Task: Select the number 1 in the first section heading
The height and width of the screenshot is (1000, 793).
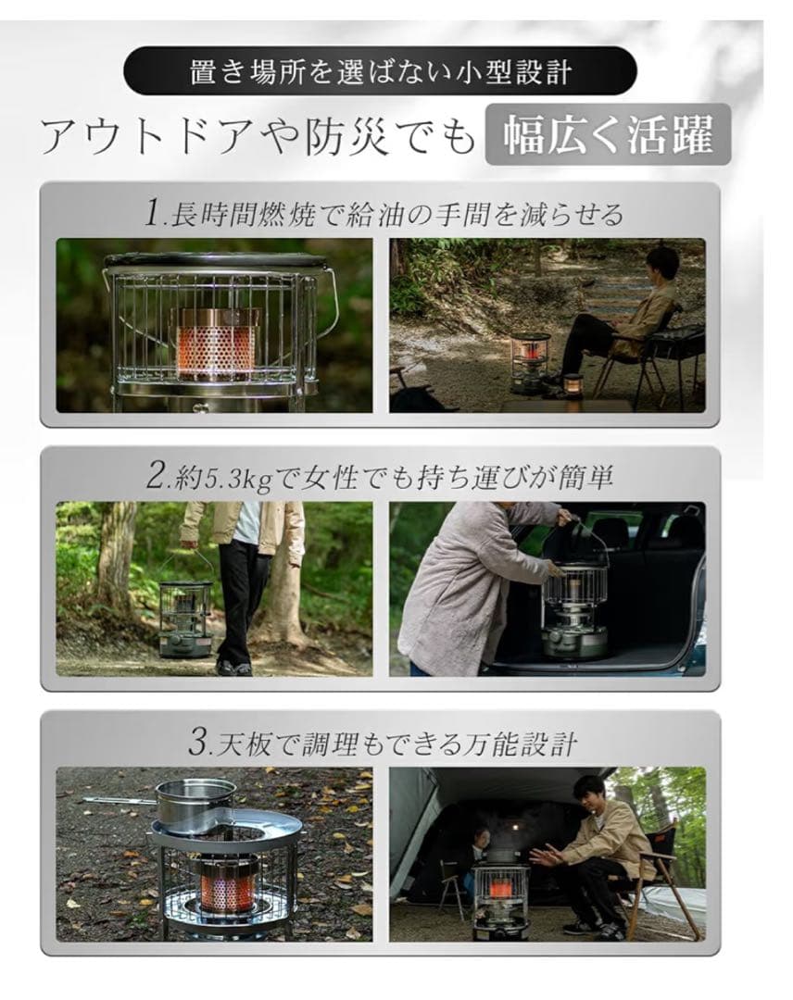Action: [153, 214]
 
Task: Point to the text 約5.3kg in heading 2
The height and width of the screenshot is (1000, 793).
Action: [210, 477]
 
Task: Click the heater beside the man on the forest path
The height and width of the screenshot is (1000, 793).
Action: [530, 361]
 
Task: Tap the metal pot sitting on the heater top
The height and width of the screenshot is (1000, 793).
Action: [195, 804]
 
